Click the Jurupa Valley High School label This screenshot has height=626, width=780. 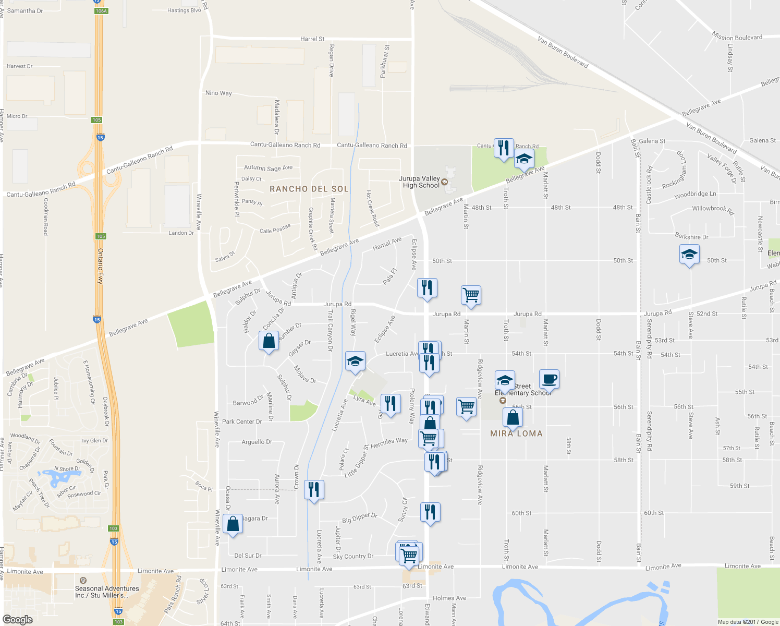pyautogui.click(x=420, y=182)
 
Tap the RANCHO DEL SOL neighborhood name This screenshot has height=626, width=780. pyautogui.click(x=309, y=189)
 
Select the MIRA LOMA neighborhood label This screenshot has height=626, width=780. pyautogui.click(x=516, y=434)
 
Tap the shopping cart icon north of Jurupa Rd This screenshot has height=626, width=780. pyautogui.click(x=471, y=295)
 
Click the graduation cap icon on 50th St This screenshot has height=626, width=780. pyautogui.click(x=689, y=255)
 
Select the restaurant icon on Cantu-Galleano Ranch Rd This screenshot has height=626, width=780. pyautogui.click(x=503, y=148)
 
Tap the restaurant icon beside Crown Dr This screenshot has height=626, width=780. pyautogui.click(x=313, y=490)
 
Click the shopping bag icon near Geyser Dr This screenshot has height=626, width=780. pyautogui.click(x=269, y=341)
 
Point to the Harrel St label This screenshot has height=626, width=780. pyautogui.click(x=312, y=39)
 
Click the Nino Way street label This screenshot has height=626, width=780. pyautogui.click(x=218, y=93)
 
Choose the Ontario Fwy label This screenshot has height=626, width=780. pyautogui.click(x=101, y=266)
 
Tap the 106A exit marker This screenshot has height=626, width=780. pyautogui.click(x=101, y=11)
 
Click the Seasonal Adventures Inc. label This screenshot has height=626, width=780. pyautogui.click(x=107, y=592)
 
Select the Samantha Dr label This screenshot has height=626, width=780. pyautogui.click(x=25, y=11)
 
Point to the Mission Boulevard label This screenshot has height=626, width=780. pyautogui.click(x=737, y=38)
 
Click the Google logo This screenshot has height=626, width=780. pyautogui.click(x=17, y=620)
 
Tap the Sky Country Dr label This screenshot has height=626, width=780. pyautogui.click(x=353, y=557)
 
